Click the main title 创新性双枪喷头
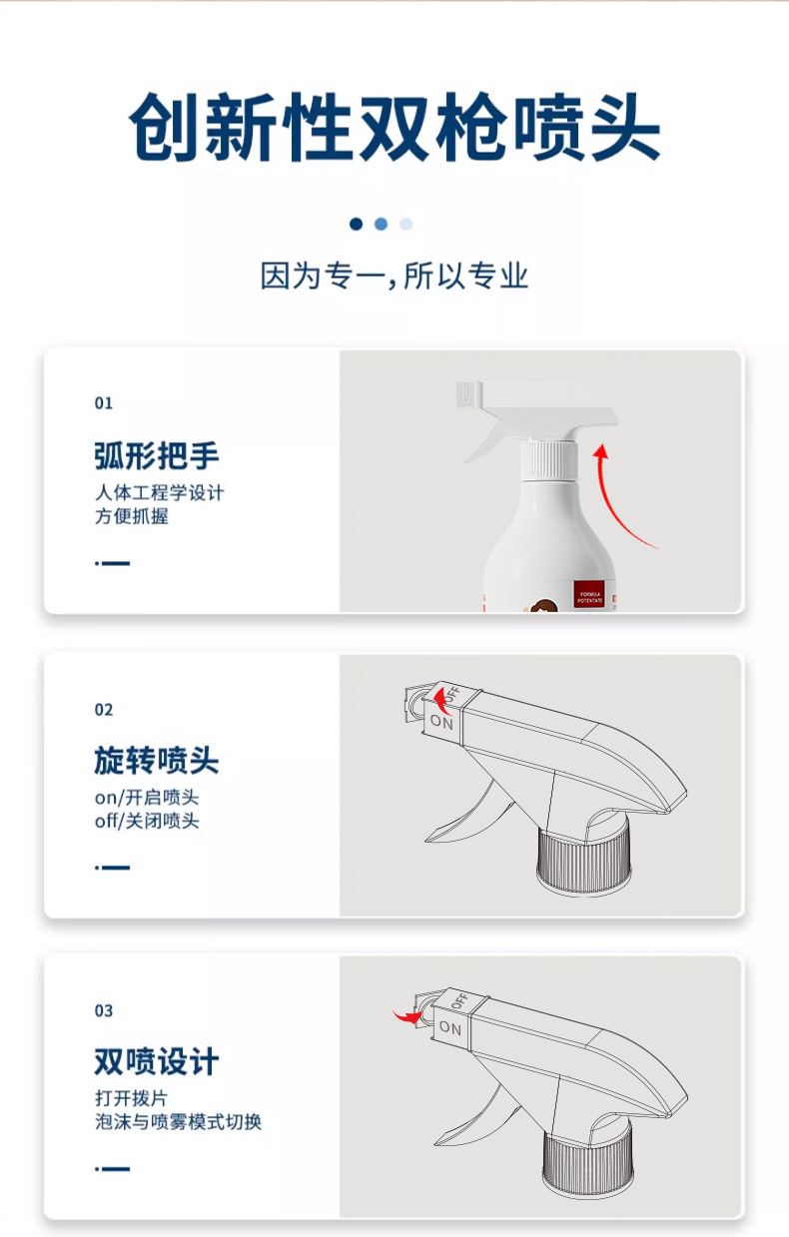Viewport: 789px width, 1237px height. pyautogui.click(x=394, y=129)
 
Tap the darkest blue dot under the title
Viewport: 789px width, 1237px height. pyautogui.click(x=356, y=224)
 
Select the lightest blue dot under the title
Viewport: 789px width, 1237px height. pyautogui.click(x=405, y=224)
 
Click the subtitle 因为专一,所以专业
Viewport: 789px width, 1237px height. pyautogui.click(x=394, y=276)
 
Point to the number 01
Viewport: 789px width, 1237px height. pyautogui.click(x=104, y=403)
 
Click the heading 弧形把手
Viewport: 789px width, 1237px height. pyautogui.click(x=156, y=456)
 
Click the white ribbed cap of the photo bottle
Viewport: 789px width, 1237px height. pyautogui.click(x=549, y=461)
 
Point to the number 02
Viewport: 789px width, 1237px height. pyautogui.click(x=104, y=710)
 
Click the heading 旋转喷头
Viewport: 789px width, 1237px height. pyautogui.click(x=156, y=762)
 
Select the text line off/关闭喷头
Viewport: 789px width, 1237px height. pyautogui.click(x=147, y=821)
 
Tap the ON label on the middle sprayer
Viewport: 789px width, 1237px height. pyautogui.click(x=441, y=721)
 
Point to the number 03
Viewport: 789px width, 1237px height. pyautogui.click(x=104, y=1011)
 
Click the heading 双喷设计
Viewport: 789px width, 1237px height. pyautogui.click(x=156, y=1061)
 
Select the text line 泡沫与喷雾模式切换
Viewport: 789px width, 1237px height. pyautogui.click(x=178, y=1121)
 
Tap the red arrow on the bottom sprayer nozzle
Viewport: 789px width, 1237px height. pyautogui.click(x=407, y=1015)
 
